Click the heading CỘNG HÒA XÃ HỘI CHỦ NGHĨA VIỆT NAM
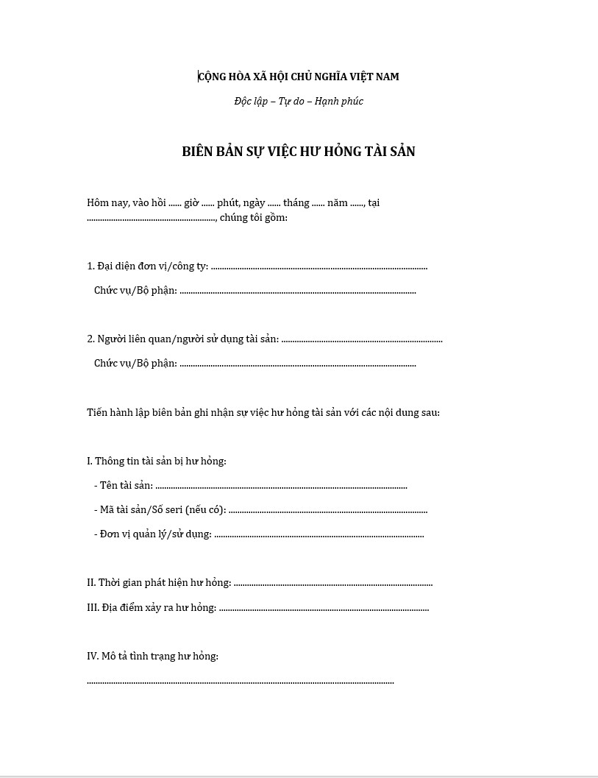[x=299, y=77]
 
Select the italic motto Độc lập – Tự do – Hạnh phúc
[x=299, y=101]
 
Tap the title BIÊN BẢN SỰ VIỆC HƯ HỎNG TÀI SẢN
[x=299, y=152]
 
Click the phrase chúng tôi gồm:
[x=253, y=217]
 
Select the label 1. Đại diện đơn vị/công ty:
[x=147, y=266]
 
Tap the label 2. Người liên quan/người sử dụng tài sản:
[x=182, y=339]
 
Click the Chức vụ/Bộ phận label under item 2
[x=135, y=363]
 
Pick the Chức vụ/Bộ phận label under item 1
[x=135, y=290]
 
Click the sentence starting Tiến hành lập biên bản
[x=263, y=412]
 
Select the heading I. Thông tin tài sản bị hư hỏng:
[x=156, y=461]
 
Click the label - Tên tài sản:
[x=124, y=485]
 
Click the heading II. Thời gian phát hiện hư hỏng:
[x=158, y=582]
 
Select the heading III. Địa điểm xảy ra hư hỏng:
[x=151, y=607]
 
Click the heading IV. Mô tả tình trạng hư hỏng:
[x=152, y=656]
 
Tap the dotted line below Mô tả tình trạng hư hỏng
[x=240, y=682]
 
